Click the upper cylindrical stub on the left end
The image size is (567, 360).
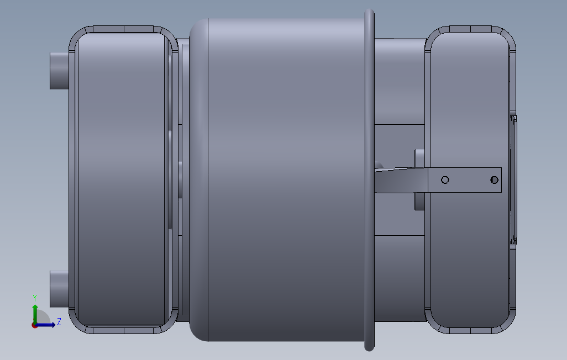(59, 71)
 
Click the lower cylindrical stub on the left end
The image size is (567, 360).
(59, 289)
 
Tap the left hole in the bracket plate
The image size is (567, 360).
(445, 179)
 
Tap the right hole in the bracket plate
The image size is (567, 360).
(494, 179)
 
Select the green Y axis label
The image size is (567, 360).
(35, 298)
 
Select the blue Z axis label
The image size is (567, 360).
(59, 321)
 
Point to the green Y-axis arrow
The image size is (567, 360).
(35, 314)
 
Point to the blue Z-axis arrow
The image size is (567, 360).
(46, 325)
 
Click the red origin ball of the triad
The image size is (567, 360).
(35, 325)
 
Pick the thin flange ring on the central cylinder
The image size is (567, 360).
(369, 179)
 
